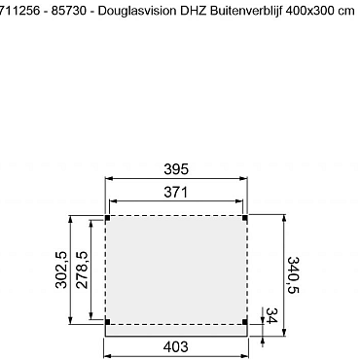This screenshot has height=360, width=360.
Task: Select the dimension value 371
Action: click(x=176, y=193)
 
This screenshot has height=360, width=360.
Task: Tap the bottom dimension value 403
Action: click(x=176, y=347)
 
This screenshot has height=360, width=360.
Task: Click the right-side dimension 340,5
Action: click(x=293, y=275)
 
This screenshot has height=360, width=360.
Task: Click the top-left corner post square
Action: click(x=107, y=217)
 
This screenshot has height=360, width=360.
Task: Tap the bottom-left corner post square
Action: click(x=107, y=320)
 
